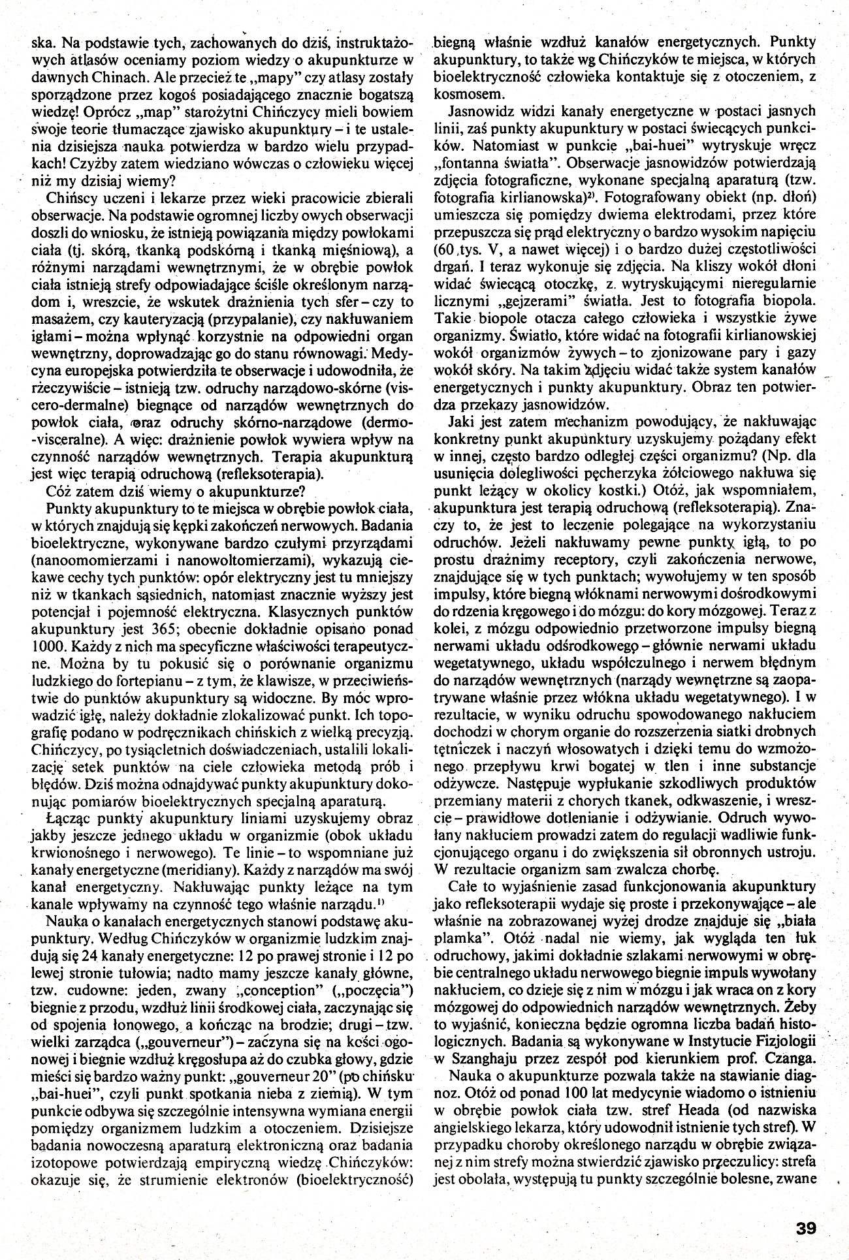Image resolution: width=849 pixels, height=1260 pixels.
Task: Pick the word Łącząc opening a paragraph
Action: click(x=66, y=818)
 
